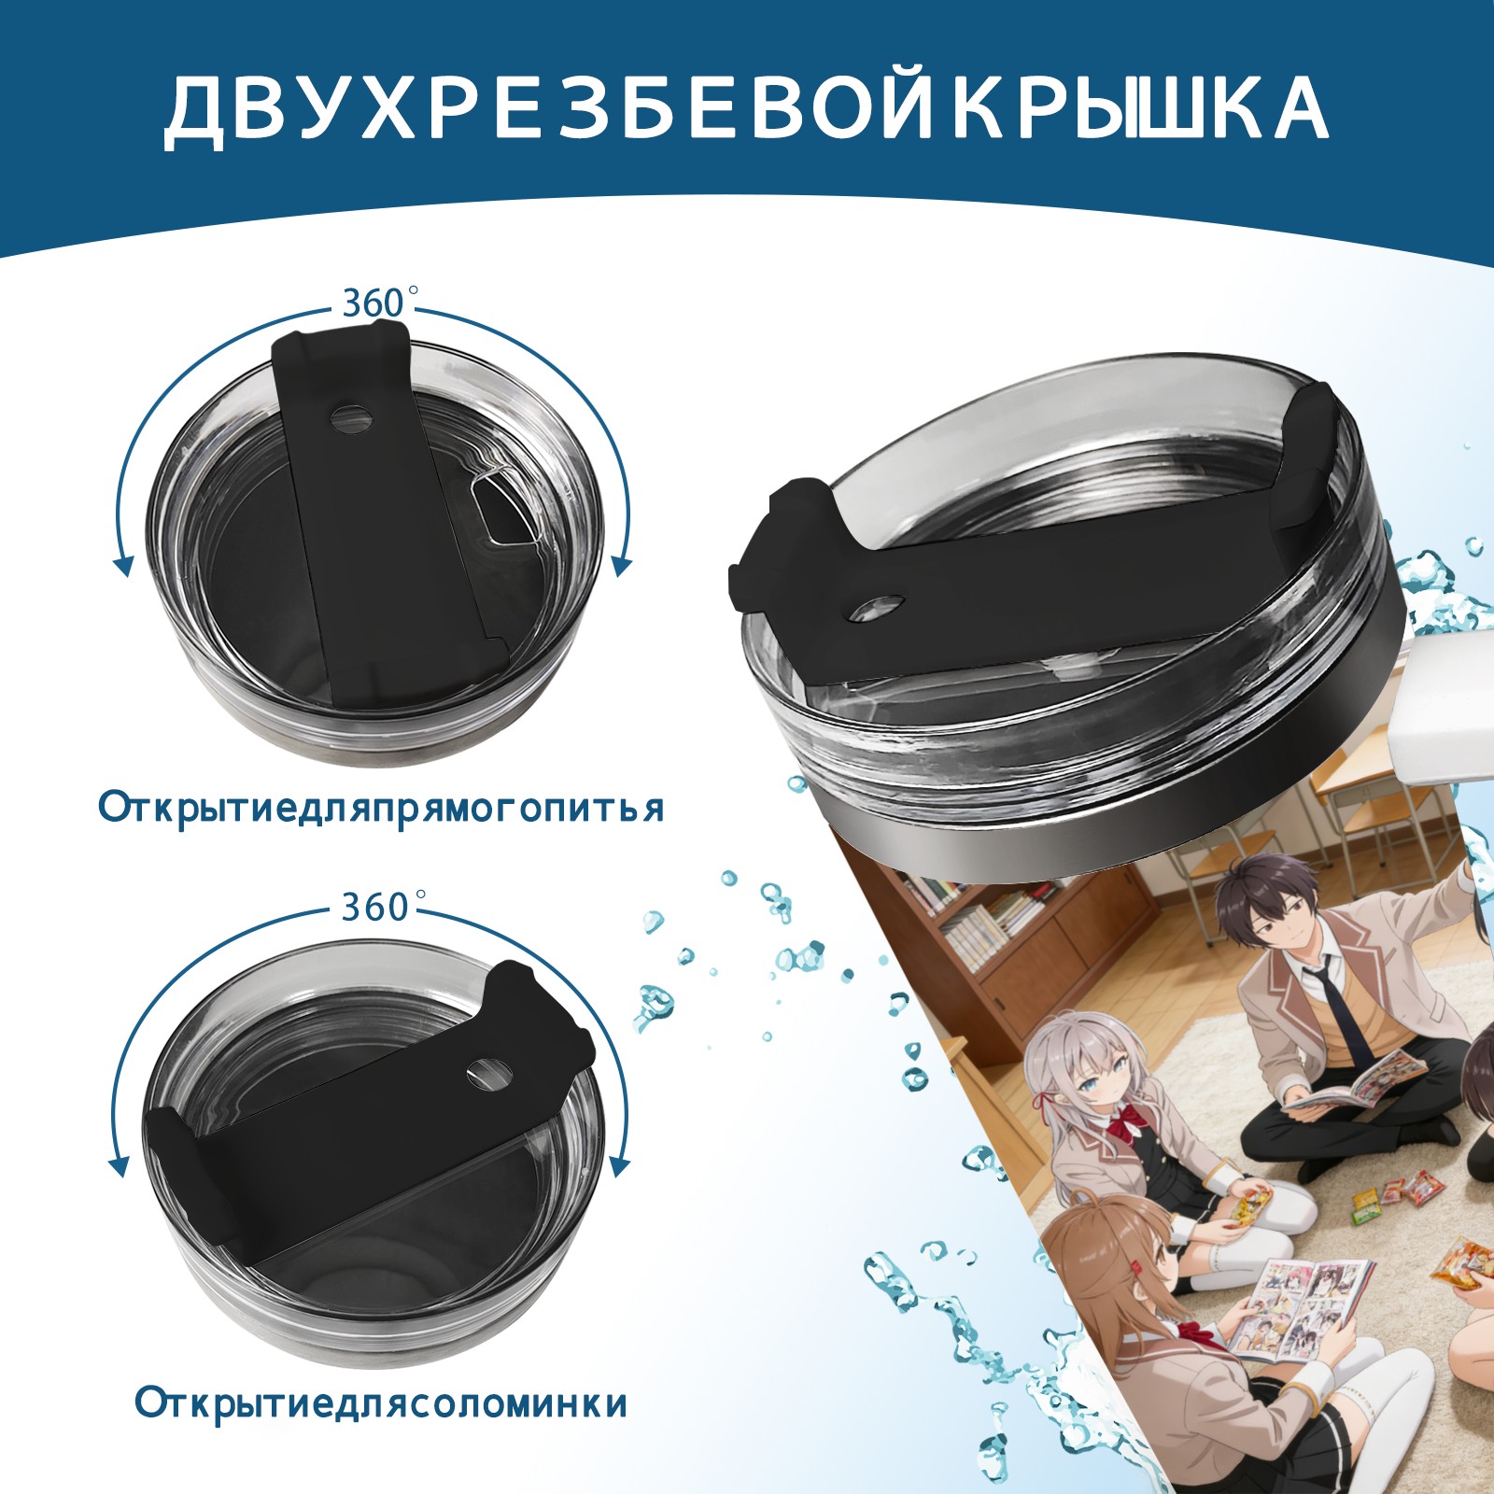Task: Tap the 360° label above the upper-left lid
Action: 374,303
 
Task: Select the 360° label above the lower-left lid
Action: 374,907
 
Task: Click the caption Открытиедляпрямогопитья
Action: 382,807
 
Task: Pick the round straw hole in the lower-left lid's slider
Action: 489,1073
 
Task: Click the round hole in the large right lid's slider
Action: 877,606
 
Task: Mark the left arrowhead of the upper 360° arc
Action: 121,564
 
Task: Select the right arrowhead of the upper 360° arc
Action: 622,565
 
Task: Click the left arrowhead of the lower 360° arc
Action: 120,1165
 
